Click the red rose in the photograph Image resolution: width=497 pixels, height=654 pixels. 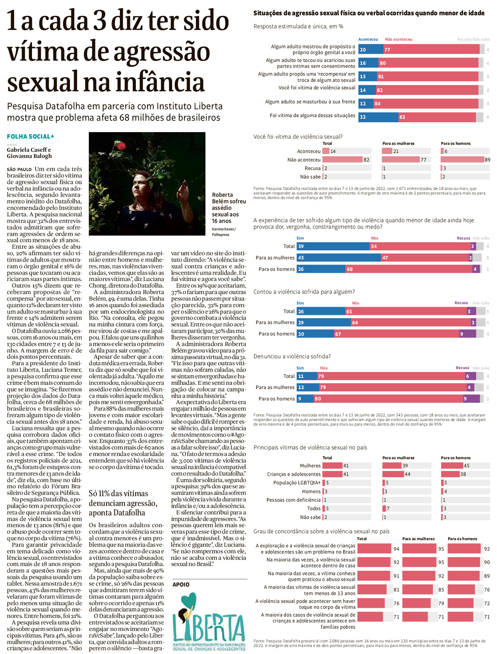121,146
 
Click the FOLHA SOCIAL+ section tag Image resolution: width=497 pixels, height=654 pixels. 30,137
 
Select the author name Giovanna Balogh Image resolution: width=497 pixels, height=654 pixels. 29,156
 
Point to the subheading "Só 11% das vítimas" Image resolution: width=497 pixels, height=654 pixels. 118,493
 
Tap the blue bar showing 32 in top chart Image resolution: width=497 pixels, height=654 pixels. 378,117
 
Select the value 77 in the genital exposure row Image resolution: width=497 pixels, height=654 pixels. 388,50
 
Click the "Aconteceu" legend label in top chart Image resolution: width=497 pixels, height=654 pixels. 368,40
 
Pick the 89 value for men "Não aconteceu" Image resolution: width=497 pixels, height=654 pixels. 487,160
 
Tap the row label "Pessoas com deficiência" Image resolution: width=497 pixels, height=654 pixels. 293,500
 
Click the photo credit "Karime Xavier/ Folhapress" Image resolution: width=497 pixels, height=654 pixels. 223,232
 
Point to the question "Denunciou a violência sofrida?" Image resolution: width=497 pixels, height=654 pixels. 292,356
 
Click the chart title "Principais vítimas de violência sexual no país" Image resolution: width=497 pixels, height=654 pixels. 310,447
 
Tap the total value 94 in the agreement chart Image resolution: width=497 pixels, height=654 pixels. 396,549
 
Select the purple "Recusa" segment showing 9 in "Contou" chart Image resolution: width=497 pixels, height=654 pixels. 468,334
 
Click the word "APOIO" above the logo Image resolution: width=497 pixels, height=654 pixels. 181,585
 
